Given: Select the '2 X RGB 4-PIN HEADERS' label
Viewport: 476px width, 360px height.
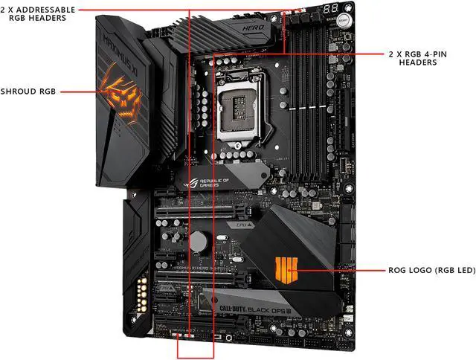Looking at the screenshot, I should [x=422, y=58].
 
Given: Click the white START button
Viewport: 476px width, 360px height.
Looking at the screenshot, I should [x=345, y=19].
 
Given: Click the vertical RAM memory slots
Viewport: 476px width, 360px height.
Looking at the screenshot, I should [x=311, y=97].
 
